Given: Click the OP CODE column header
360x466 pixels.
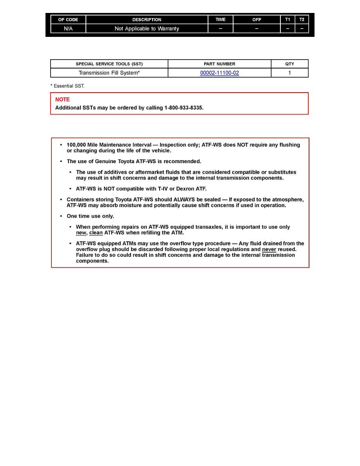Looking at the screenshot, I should (x=68, y=20).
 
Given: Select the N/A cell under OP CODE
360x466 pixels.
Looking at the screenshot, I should (x=68, y=29).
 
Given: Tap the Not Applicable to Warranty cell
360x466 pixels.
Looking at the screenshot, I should (x=147, y=29).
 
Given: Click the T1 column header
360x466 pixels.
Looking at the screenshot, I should (x=287, y=20).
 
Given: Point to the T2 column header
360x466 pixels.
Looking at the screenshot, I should (x=302, y=20).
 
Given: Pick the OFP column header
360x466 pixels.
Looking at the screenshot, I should (x=256, y=20).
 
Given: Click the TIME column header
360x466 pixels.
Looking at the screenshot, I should (x=220, y=20).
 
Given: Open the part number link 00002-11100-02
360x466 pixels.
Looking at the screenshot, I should (x=219, y=73).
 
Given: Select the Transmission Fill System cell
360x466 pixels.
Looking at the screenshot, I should (x=109, y=73).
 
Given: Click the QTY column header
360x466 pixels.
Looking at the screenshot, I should (x=289, y=64).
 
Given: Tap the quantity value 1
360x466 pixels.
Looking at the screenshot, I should (x=289, y=73).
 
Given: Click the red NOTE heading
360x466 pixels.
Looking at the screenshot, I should (x=62, y=100).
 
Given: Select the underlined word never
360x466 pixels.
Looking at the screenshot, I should (x=269, y=249).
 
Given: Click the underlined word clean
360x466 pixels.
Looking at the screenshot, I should (x=96, y=233).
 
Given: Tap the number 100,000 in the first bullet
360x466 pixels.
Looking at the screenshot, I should (x=76, y=145).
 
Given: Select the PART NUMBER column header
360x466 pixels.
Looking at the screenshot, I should (x=219, y=64).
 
